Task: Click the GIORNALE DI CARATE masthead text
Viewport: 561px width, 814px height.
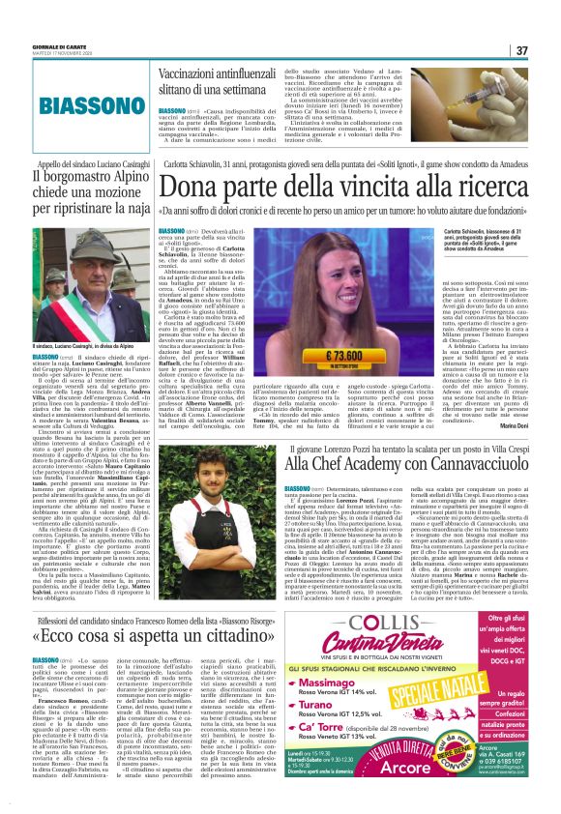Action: coord(37,45)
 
